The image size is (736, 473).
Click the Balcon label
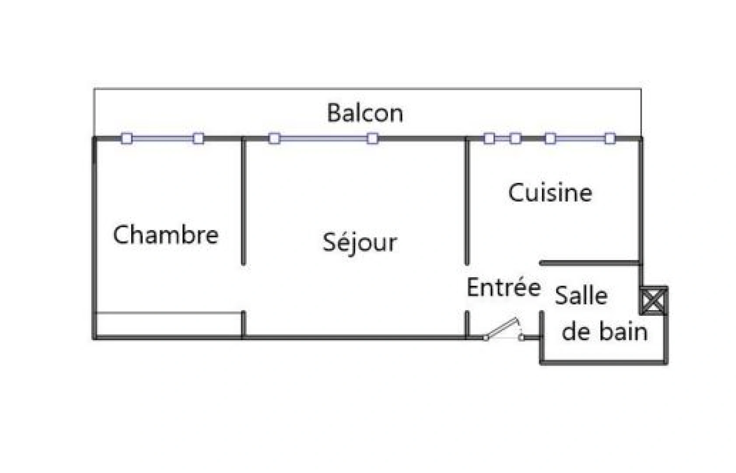click(365, 113)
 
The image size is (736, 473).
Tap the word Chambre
click(166, 234)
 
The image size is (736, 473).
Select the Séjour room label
click(359, 242)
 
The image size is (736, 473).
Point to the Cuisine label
click(550, 193)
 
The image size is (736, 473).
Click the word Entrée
click(503, 288)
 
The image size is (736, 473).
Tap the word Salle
click(581, 296)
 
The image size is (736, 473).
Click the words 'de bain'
click(604, 332)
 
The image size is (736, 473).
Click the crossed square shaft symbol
click(653, 300)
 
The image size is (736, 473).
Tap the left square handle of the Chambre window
click(127, 139)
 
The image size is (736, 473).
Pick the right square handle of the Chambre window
click(198, 139)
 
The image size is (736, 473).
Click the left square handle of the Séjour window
click(274, 139)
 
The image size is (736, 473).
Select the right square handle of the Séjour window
click(373, 139)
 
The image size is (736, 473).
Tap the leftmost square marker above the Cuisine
click(489, 139)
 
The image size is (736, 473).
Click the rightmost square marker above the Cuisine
click(610, 139)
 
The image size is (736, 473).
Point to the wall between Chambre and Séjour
click(244, 201)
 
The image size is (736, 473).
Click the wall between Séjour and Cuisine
click(467, 201)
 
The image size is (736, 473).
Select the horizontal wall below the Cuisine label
click(590, 263)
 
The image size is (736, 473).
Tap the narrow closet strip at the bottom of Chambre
click(168, 325)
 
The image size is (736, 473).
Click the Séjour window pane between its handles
click(324, 139)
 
